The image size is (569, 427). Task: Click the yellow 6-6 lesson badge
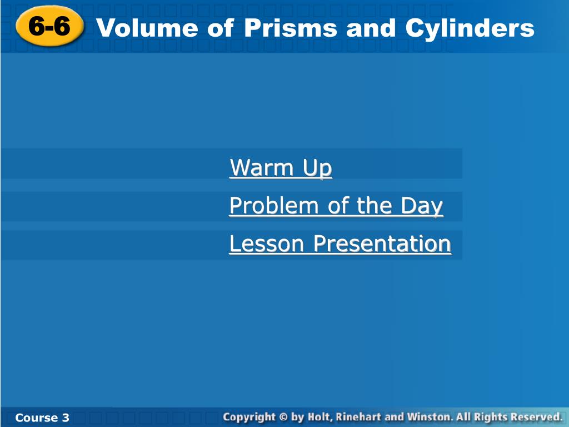click(x=49, y=27)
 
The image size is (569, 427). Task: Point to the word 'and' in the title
click(x=366, y=28)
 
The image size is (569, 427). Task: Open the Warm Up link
click(x=281, y=167)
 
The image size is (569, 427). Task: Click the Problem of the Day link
click(x=336, y=206)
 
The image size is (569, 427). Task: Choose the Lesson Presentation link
click(x=340, y=244)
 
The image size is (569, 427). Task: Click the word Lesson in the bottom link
click(x=267, y=244)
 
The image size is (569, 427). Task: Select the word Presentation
click(x=381, y=244)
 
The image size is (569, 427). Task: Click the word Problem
click(x=274, y=206)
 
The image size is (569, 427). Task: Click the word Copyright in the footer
click(x=249, y=417)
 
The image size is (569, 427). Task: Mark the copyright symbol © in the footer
click(x=283, y=417)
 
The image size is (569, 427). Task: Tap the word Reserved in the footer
click(x=536, y=417)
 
